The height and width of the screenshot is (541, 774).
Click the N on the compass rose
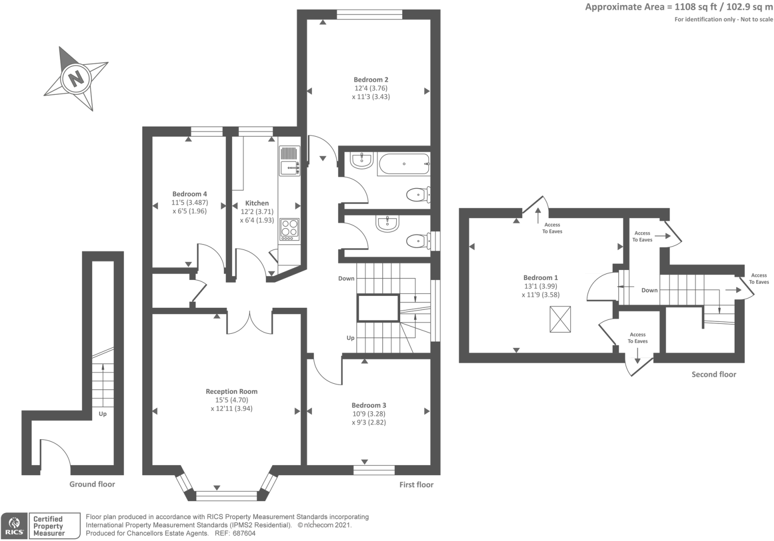click(x=76, y=78)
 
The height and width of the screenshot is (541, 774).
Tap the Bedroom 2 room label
click(x=371, y=79)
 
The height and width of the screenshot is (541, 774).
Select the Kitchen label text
click(x=257, y=203)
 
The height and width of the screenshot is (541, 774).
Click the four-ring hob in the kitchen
click(x=289, y=229)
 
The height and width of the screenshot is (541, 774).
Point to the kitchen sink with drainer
click(x=289, y=161)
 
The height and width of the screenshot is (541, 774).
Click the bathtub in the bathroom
click(x=404, y=164)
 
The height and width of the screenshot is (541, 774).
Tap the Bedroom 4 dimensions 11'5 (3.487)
click(x=190, y=203)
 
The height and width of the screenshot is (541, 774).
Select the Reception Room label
click(x=232, y=392)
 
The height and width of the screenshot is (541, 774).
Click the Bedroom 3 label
click(x=369, y=405)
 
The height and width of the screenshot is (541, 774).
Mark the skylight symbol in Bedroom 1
click(x=560, y=319)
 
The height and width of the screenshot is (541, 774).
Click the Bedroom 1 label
click(x=540, y=277)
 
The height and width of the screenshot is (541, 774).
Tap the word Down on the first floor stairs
click(x=346, y=278)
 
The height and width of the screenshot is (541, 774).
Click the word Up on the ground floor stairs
click(x=102, y=414)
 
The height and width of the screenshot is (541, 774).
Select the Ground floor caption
click(x=92, y=484)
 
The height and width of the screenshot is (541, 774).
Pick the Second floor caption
click(x=714, y=374)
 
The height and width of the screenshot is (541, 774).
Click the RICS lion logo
click(x=14, y=525)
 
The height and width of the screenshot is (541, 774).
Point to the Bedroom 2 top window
click(x=369, y=14)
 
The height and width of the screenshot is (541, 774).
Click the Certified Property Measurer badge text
click(x=48, y=526)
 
